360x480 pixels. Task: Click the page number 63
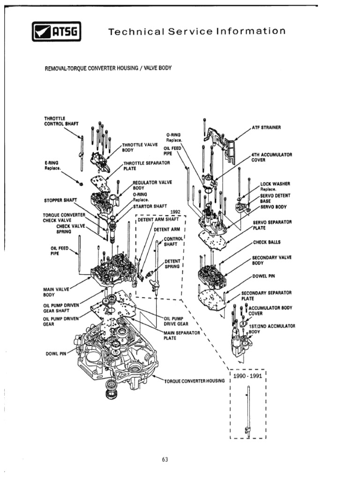(165, 459)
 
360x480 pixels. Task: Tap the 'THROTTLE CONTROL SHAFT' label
(61, 120)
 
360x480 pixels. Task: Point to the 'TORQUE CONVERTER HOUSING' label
(195, 381)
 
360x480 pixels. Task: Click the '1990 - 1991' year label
(248, 376)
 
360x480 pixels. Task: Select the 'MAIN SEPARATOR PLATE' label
(182, 336)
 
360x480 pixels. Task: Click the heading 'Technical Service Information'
(196, 32)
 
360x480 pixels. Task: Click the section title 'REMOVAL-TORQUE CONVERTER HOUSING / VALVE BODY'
(108, 68)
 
